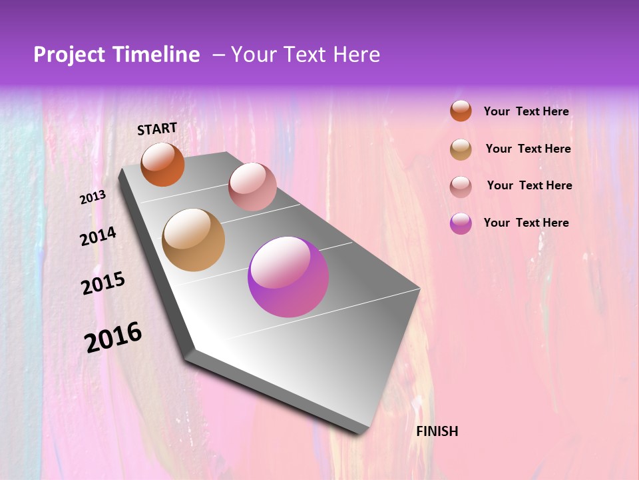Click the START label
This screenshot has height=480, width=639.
coord(157,129)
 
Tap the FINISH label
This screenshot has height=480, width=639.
coord(437,431)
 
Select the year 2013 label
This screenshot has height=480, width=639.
coord(93,197)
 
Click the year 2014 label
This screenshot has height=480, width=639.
coord(98,237)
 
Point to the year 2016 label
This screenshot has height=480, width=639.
coord(113,337)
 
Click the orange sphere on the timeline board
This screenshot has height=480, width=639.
coord(162,164)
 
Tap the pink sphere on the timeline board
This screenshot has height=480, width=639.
coord(252,187)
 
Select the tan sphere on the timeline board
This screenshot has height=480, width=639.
coord(194,240)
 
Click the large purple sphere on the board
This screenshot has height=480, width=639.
coord(288,277)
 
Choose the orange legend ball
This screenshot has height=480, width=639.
coord(461,111)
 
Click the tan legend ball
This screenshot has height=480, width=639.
coord(461,149)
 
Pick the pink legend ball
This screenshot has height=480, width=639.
coord(461,186)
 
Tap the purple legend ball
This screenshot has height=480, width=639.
coord(461,223)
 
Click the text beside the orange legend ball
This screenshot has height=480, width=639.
coord(526,112)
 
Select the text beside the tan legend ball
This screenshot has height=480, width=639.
coord(528,149)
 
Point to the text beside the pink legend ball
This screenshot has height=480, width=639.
coord(529,185)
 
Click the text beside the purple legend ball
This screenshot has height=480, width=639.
coord(526,223)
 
